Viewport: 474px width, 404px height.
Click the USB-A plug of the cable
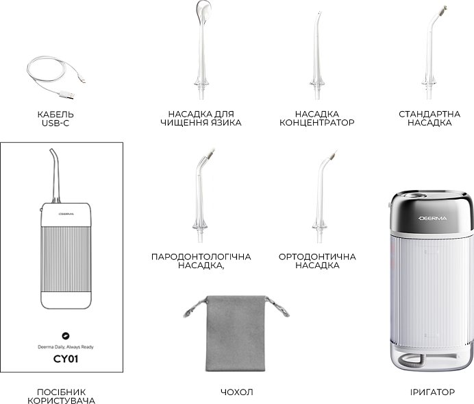tap(67, 95)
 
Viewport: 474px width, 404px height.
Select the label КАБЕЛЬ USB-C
tap(55, 119)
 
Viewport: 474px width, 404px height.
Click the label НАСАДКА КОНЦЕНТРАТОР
tap(317, 119)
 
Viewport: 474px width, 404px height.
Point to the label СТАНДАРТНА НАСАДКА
tap(429, 119)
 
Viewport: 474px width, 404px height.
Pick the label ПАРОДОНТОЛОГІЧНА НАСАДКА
tap(201, 261)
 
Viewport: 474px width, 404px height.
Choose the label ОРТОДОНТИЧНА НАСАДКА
tap(317, 261)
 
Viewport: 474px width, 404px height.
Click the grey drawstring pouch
tap(236, 333)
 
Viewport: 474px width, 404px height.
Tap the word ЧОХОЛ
tap(237, 392)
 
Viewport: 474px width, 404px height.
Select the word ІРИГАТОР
tap(432, 392)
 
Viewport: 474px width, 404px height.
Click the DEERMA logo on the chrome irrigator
tap(433, 218)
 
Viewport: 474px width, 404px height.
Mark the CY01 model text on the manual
tap(66, 359)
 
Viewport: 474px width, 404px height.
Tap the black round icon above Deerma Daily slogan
tap(65, 335)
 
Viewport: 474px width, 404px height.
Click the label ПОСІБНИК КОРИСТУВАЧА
tap(62, 396)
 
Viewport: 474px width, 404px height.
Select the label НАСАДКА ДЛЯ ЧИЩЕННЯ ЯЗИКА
tap(201, 119)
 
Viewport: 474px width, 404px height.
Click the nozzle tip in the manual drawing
tap(51, 150)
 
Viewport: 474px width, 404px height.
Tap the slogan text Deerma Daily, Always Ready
tap(66, 347)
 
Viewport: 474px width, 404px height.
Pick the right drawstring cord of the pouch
tap(277, 306)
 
